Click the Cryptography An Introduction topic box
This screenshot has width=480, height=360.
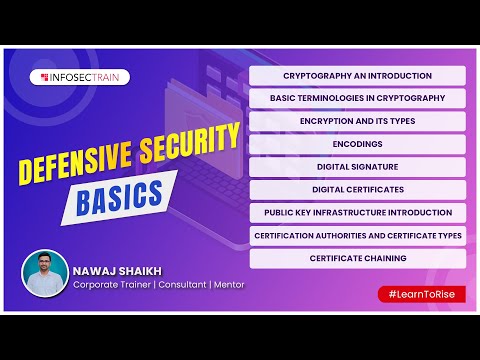(x=357, y=75)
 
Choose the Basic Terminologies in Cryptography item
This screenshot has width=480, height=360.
(x=357, y=98)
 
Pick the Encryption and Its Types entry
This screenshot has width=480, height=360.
(x=357, y=121)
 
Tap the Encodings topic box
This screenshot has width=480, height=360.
(x=357, y=144)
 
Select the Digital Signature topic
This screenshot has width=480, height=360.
(x=357, y=167)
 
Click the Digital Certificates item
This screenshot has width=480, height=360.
(x=357, y=189)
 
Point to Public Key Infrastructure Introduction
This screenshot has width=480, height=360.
(x=357, y=212)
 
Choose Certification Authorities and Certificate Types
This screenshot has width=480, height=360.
(x=357, y=235)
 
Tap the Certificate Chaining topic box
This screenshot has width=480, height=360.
(x=357, y=258)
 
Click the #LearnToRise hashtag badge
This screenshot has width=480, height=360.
(x=420, y=293)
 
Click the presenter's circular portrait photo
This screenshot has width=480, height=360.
(x=45, y=273)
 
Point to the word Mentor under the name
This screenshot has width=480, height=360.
(x=226, y=284)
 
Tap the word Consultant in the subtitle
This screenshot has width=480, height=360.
(x=178, y=284)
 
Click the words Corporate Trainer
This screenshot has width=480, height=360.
(x=108, y=284)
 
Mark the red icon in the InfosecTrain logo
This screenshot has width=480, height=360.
(x=43, y=76)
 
